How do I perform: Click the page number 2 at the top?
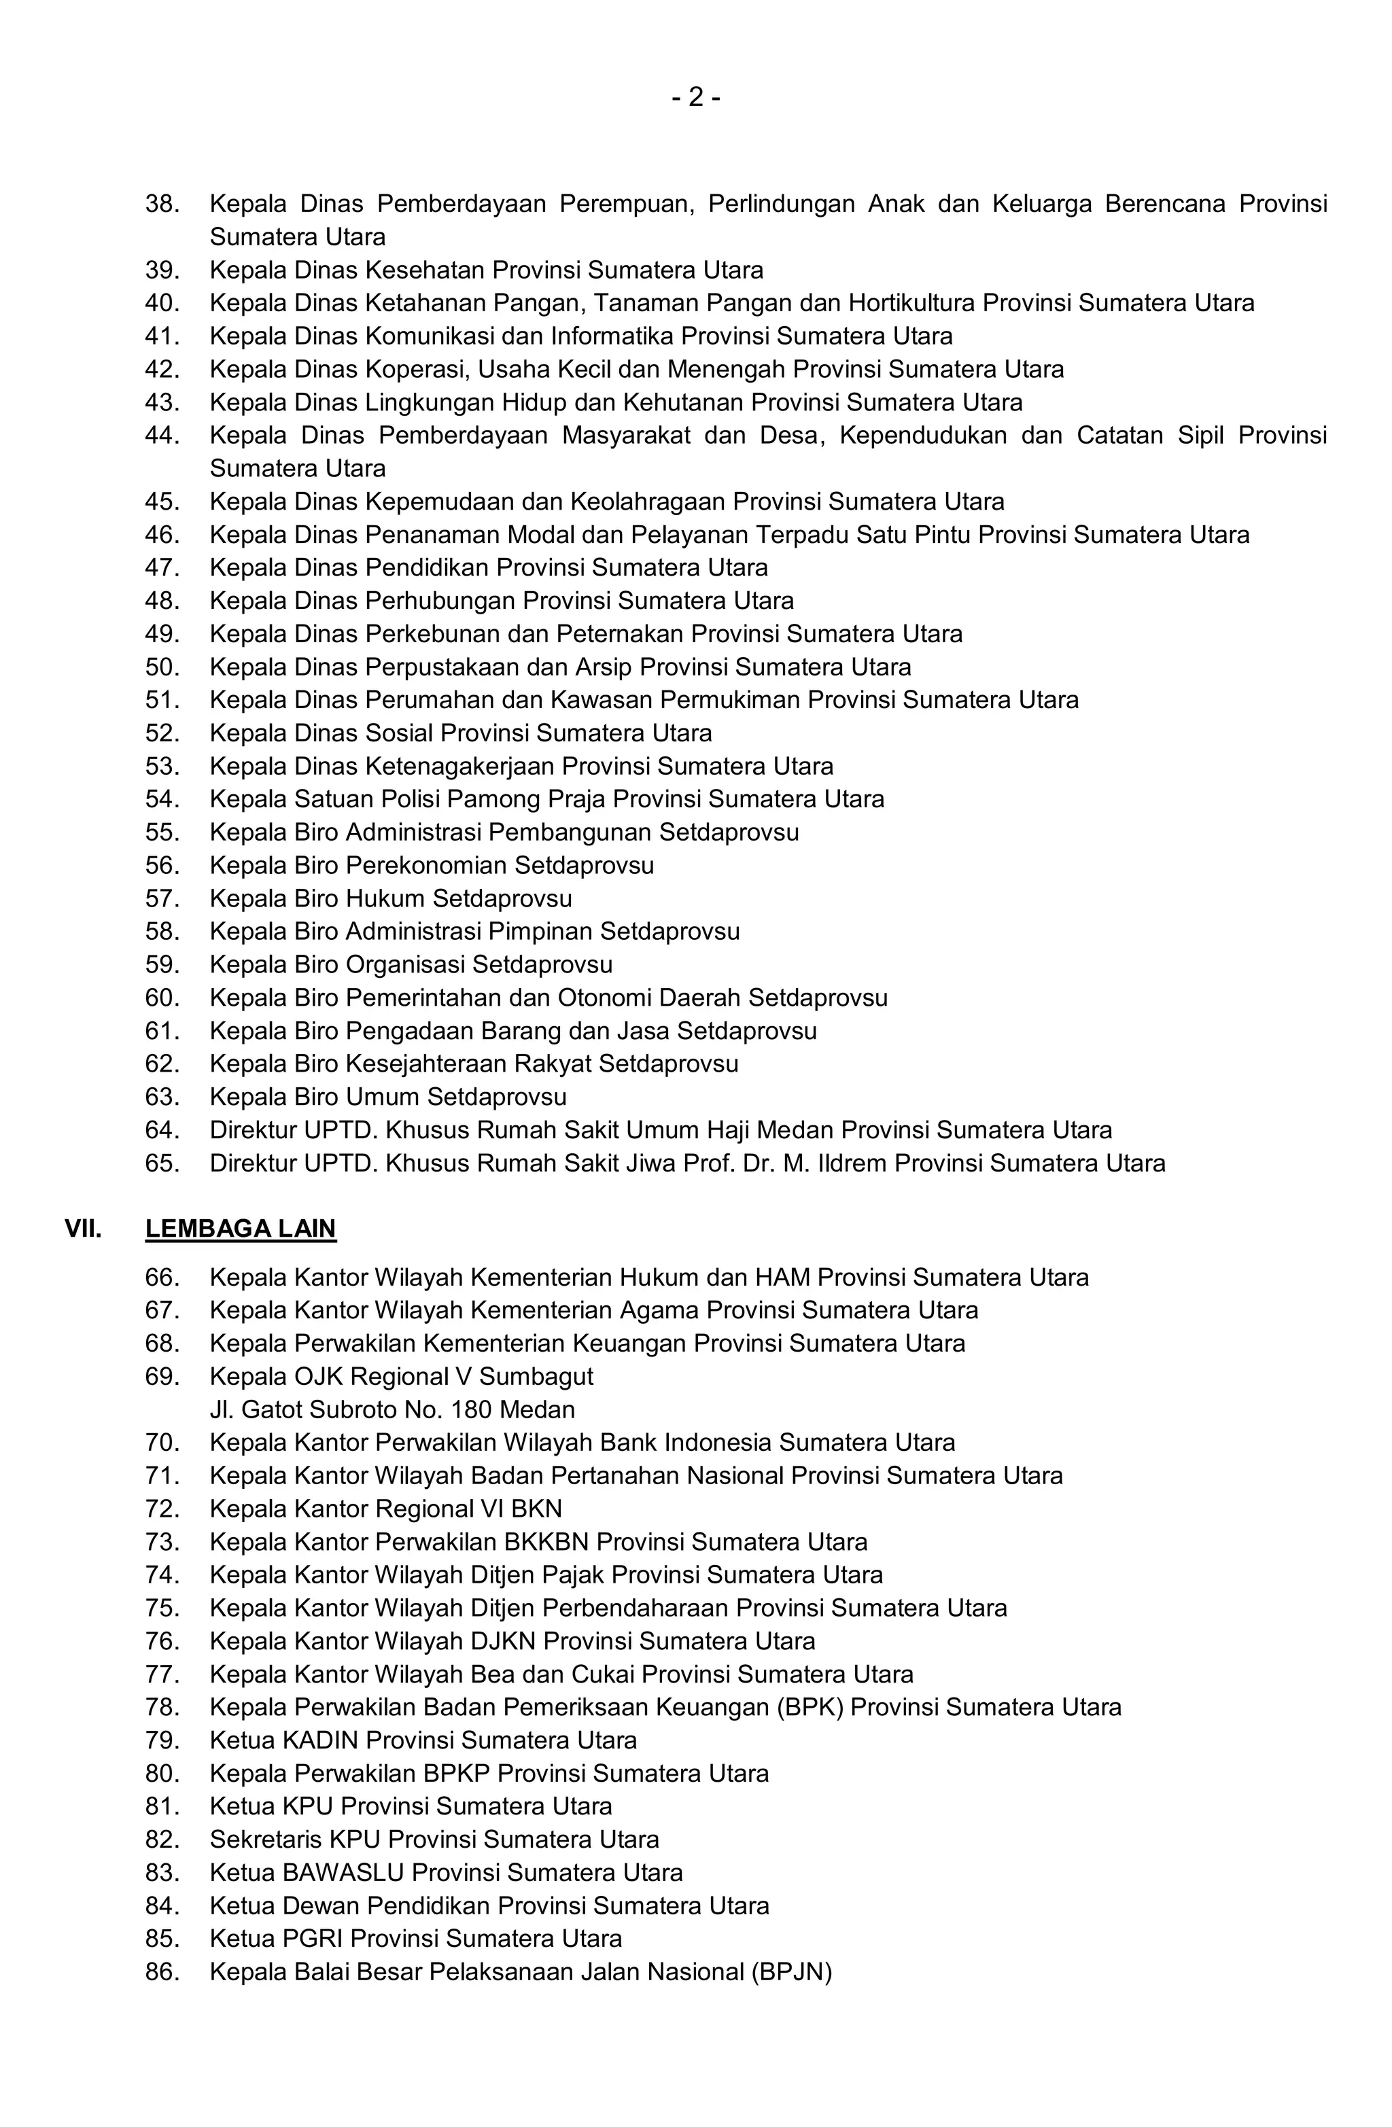coord(695,96)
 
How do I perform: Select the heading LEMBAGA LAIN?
coord(241,1228)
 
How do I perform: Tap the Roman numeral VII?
coord(83,1228)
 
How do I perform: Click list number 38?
coord(162,204)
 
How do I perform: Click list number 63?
coord(162,1097)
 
